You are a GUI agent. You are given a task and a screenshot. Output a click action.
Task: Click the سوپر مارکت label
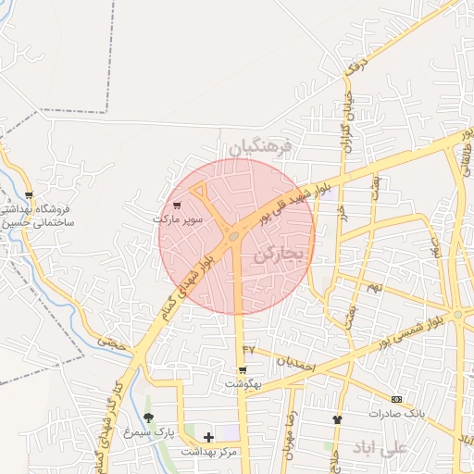(177, 219)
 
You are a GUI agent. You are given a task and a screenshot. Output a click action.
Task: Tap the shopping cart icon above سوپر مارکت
(177, 206)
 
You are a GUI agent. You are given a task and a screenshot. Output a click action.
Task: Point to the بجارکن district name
(279, 256)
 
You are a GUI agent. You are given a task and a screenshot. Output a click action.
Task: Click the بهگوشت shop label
(243, 382)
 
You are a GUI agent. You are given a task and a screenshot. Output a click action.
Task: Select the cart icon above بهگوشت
(243, 370)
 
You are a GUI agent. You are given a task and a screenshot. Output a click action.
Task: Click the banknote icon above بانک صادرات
(397, 399)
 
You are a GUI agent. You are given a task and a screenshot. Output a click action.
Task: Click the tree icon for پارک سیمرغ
(150, 418)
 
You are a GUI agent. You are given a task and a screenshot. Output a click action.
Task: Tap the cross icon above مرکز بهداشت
(208, 437)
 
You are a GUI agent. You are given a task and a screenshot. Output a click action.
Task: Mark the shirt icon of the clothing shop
(337, 419)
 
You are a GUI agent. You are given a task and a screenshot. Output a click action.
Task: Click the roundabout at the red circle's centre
(234, 237)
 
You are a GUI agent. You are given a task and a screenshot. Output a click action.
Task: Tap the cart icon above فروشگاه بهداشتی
(30, 195)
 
